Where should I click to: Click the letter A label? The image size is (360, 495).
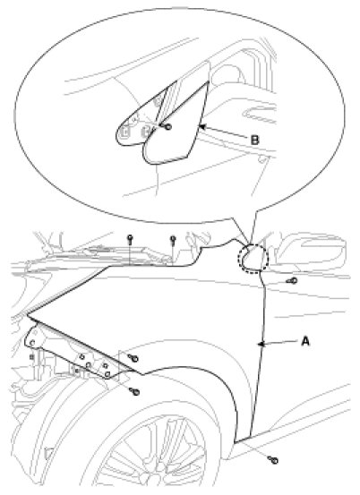(305, 341)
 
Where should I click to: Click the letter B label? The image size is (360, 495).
(254, 140)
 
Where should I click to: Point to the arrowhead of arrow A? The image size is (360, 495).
(261, 344)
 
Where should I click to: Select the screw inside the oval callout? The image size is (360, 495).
(167, 126)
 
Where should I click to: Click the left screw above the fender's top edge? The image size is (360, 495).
(130, 239)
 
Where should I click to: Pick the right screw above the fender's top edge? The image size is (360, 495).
(173, 240)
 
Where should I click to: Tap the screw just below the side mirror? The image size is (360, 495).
(292, 280)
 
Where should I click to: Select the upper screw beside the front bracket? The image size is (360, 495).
(133, 358)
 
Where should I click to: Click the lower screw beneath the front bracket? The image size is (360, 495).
(134, 391)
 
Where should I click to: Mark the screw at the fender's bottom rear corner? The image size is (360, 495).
(273, 460)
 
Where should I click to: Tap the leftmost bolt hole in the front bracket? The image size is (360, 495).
(32, 343)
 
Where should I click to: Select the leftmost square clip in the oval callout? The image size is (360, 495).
(124, 131)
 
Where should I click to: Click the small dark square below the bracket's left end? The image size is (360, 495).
(31, 357)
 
